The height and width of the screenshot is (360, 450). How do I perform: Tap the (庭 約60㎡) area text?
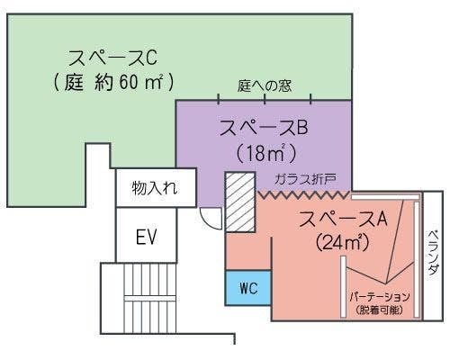(113, 83)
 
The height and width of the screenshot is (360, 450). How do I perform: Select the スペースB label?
(264, 127)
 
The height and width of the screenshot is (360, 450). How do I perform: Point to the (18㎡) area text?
(265, 150)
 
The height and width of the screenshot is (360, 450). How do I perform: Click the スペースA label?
(343, 218)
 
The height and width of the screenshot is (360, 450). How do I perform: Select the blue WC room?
(248, 288)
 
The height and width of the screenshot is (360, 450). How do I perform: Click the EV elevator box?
(146, 238)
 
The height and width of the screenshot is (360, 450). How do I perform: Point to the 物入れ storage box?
(154, 189)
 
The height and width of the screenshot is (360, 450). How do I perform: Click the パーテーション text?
(380, 296)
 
